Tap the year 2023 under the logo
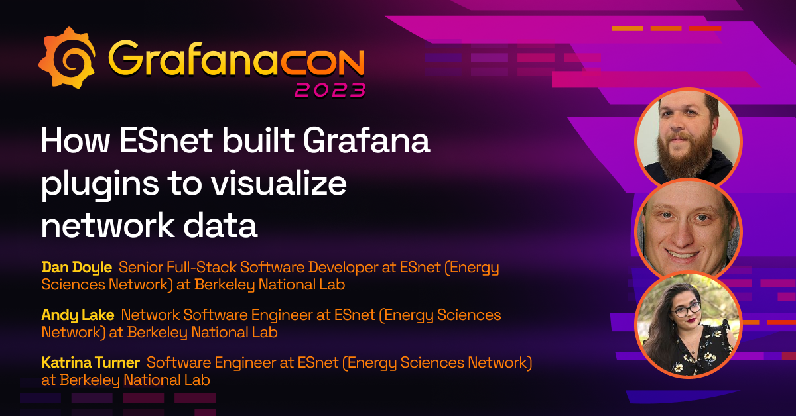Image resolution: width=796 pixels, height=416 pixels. pos(330,89)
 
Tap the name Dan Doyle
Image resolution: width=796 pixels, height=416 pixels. pos(76,268)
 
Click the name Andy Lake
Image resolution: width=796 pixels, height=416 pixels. pos(78,315)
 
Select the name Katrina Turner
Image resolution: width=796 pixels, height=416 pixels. pos(90,362)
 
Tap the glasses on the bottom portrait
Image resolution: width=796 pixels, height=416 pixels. pos(687,309)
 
